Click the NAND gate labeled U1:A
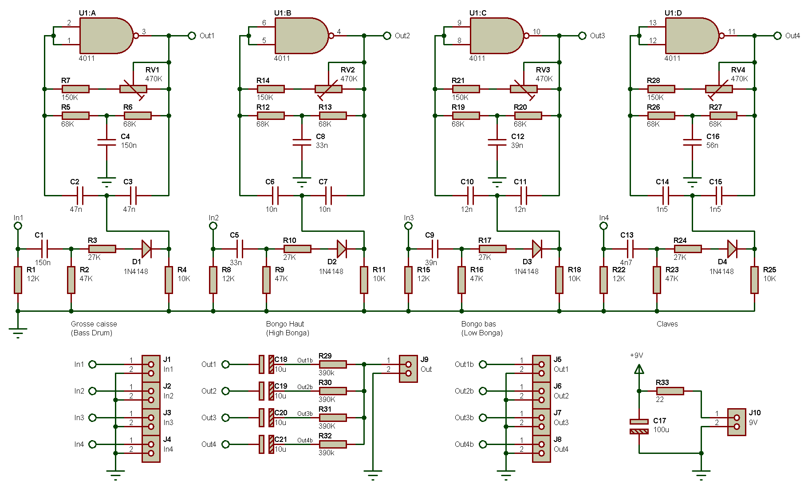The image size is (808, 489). click(x=106, y=36)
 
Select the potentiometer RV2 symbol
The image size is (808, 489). click(x=328, y=89)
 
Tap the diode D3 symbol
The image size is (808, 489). click(x=536, y=249)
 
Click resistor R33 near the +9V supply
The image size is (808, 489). click(x=670, y=391)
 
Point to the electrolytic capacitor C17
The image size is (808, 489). click(x=639, y=426)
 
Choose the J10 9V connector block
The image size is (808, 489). click(x=737, y=422)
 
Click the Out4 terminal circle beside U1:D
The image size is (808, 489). click(x=777, y=36)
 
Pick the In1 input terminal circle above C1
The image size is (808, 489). click(x=18, y=226)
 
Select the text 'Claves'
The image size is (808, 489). click(x=667, y=324)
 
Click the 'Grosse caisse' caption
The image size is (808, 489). click(x=94, y=324)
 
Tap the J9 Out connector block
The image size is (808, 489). click(x=408, y=369)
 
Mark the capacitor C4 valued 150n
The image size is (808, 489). click(x=106, y=142)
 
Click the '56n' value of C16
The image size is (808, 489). click(x=712, y=145)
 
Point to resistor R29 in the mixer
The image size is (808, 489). click(x=333, y=364)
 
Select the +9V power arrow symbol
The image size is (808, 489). click(x=639, y=369)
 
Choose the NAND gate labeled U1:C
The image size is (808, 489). click(x=496, y=36)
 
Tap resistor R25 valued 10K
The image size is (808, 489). click(x=754, y=280)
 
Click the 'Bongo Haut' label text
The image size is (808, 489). click(x=285, y=324)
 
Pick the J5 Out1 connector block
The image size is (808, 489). click(x=541, y=369)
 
